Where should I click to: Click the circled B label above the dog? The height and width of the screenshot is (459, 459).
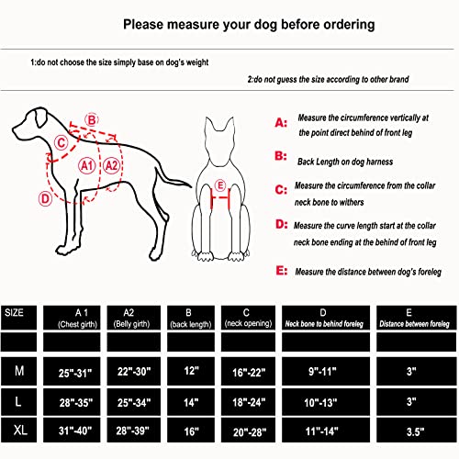click(x=92, y=119)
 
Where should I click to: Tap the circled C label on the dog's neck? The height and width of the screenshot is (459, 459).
click(x=62, y=142)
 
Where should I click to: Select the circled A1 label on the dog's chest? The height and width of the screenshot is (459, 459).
click(x=87, y=165)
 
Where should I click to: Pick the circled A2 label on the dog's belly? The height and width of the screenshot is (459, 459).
click(x=111, y=165)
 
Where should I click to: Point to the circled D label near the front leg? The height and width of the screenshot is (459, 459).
click(x=45, y=199)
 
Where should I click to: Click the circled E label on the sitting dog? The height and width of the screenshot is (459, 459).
click(x=219, y=185)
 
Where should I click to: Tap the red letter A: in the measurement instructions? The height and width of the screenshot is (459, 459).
click(x=281, y=123)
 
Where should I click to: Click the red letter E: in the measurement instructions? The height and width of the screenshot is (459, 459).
click(x=282, y=271)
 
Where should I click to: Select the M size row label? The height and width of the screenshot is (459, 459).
click(x=19, y=371)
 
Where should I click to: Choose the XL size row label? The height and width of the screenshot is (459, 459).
click(x=20, y=431)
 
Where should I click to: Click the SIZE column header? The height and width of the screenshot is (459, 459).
click(x=14, y=312)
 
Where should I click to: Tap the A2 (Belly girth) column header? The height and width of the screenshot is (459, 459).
click(x=132, y=318)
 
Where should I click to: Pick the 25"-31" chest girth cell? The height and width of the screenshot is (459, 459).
click(x=75, y=373)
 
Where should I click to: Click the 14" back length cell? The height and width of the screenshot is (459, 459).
click(x=191, y=402)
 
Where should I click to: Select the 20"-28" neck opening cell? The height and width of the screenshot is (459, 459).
click(x=250, y=432)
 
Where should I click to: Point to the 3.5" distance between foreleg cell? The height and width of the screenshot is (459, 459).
click(x=415, y=431)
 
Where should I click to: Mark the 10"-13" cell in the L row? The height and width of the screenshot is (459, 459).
click(x=320, y=402)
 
